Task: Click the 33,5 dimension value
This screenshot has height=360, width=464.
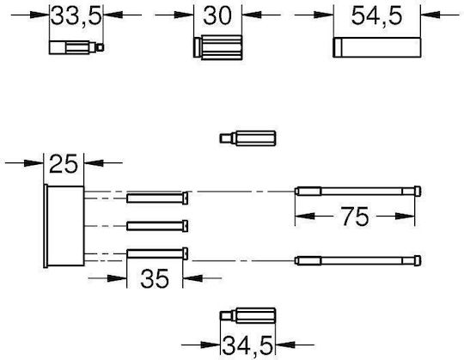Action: pyautogui.click(x=76, y=15)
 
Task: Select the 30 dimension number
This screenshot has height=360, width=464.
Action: pyautogui.click(x=217, y=15)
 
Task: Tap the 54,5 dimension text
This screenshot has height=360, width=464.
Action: pyautogui.click(x=376, y=15)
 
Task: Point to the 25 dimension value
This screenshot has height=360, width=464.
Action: pyautogui.click(x=64, y=163)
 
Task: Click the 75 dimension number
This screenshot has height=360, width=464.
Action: pyautogui.click(x=355, y=217)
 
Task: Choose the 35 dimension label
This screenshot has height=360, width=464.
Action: pyautogui.click(x=155, y=278)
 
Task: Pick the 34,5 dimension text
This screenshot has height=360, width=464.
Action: pyautogui.click(x=247, y=345)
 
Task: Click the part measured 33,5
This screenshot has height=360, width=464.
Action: pyautogui.click(x=76, y=47)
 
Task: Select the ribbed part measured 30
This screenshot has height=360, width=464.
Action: pyautogui.click(x=217, y=47)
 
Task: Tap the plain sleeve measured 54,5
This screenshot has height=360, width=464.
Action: pyautogui.click(x=376, y=47)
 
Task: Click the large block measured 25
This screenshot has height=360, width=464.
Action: pyautogui.click(x=64, y=226)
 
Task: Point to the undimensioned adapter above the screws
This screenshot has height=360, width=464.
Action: pyautogui.click(x=247, y=138)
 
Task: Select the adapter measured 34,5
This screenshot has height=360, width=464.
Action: pyautogui.click(x=247, y=315)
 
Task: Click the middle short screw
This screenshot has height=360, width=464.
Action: pyautogui.click(x=157, y=226)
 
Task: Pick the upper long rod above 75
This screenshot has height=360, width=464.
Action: pyautogui.click(x=358, y=191)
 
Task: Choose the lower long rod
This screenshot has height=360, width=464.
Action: pyautogui.click(x=358, y=260)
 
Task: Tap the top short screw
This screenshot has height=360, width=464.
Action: pyautogui.click(x=157, y=198)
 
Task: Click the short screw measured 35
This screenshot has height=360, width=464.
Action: pyautogui.click(x=157, y=254)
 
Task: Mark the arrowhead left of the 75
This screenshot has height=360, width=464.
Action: pyautogui.click(x=305, y=217)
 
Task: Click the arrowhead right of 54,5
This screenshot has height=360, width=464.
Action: pyautogui.click(x=430, y=15)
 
